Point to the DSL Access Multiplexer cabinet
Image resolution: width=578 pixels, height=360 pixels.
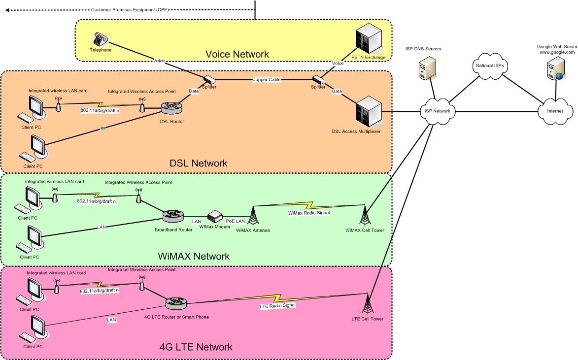click(x=367, y=112)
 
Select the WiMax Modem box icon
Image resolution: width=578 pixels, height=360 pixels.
click(x=215, y=217)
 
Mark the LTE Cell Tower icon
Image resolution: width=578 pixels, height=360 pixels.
click(x=368, y=303)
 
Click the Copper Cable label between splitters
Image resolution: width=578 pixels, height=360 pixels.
click(x=266, y=79)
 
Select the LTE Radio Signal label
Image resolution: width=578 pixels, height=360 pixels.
click(x=277, y=306)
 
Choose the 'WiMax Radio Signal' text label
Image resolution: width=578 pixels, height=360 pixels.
click(x=308, y=213)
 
